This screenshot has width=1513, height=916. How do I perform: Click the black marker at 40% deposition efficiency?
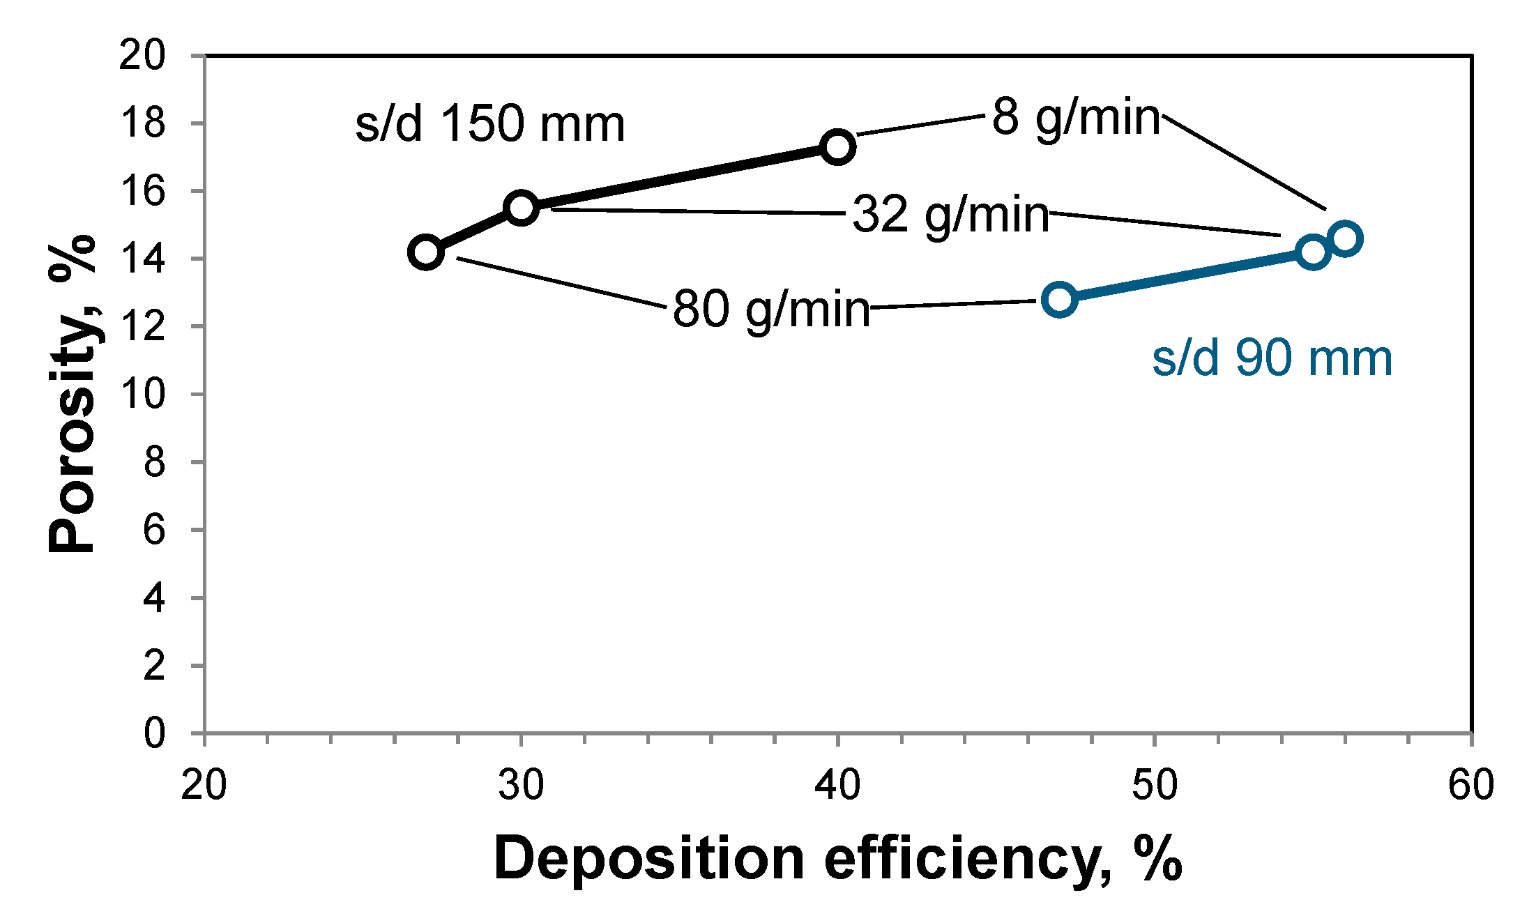(x=837, y=146)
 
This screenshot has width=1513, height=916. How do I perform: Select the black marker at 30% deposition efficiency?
(x=521, y=208)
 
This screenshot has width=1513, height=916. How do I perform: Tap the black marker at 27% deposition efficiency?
(x=426, y=252)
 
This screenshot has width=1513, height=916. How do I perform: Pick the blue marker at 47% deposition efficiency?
(x=1059, y=300)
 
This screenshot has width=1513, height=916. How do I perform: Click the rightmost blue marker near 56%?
(x=1345, y=239)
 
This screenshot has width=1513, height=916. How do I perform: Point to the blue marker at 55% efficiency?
(x=1313, y=252)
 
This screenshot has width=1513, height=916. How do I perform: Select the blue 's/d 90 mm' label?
(x=1272, y=359)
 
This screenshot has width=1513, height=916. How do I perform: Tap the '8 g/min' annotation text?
(x=1076, y=117)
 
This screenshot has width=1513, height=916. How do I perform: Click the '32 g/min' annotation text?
(x=951, y=214)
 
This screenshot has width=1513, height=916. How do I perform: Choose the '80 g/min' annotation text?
(x=772, y=309)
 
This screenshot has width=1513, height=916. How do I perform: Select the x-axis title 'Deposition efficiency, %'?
(x=837, y=859)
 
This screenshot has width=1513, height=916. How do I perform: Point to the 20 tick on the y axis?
(x=142, y=55)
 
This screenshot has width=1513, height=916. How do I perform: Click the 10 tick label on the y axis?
(x=142, y=394)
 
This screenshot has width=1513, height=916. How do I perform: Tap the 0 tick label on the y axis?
(x=154, y=733)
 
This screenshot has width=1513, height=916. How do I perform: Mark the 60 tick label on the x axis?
(x=1470, y=785)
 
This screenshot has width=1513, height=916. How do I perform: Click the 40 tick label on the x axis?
(x=837, y=785)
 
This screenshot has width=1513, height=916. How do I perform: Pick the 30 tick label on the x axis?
(x=521, y=785)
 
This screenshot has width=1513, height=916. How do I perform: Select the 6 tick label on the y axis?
(x=154, y=530)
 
